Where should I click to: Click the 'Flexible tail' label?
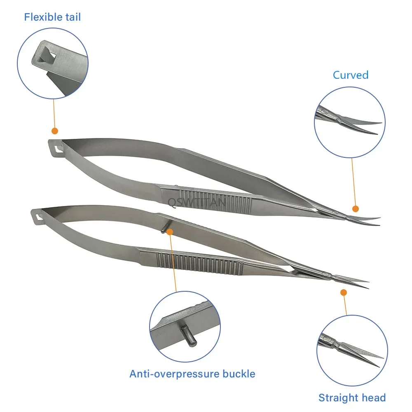pyautogui.click(x=52, y=17)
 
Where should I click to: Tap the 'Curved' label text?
pyautogui.click(x=351, y=75)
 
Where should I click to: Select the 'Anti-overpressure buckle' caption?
pyautogui.click(x=192, y=374)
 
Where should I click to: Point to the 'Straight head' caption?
pyautogui.click(x=352, y=398)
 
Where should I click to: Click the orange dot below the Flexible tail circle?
pyautogui.click(x=54, y=131)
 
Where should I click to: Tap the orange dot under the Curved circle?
pyautogui.click(x=356, y=209)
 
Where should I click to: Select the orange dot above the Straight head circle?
pyautogui.click(x=343, y=292)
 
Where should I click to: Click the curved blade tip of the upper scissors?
pyautogui.click(x=378, y=218)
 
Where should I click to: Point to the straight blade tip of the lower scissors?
pyautogui.click(x=367, y=282)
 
